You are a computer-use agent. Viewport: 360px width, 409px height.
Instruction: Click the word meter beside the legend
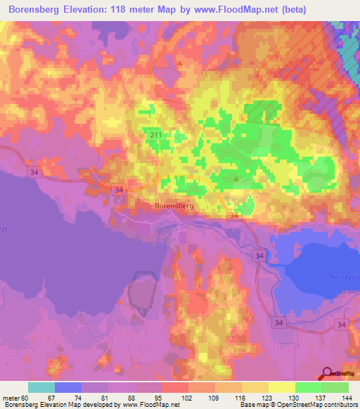(12, 398)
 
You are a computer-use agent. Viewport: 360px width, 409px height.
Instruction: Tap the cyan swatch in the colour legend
(41, 387)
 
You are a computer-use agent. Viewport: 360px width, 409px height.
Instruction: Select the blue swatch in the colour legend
(68, 387)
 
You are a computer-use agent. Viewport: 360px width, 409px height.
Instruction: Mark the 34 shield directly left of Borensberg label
(119, 190)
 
